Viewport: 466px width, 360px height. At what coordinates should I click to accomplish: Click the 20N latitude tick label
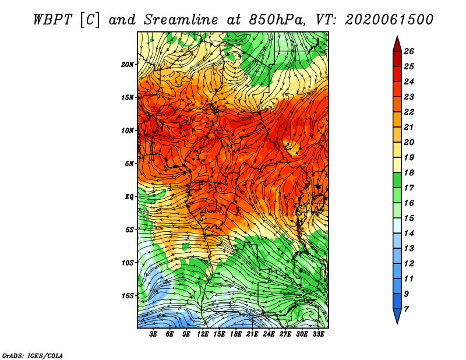(x=128, y=65)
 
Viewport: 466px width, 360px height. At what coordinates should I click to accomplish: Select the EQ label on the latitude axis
(x=129, y=197)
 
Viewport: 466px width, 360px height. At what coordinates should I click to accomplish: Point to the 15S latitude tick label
(x=128, y=296)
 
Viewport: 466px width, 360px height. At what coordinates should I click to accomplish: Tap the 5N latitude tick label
(x=129, y=164)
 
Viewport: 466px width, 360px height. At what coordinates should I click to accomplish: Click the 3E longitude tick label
(x=153, y=334)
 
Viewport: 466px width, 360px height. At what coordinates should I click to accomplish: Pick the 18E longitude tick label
(x=236, y=334)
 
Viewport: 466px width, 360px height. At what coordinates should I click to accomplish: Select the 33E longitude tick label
(x=318, y=334)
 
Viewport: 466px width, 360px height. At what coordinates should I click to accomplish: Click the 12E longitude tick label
(x=203, y=334)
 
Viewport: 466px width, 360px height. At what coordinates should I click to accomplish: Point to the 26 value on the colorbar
(x=409, y=51)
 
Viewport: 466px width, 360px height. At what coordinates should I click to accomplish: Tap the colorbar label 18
(x=409, y=172)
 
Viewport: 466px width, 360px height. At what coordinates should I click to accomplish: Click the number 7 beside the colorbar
(x=406, y=309)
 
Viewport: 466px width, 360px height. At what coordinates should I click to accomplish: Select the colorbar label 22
(x=409, y=112)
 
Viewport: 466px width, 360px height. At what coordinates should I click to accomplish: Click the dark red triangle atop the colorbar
(x=397, y=45)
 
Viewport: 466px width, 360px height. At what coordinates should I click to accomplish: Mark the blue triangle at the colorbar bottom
(x=397, y=315)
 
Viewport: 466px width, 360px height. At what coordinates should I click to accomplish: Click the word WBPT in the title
(x=52, y=20)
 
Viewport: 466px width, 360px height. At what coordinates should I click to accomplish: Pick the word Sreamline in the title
(x=181, y=20)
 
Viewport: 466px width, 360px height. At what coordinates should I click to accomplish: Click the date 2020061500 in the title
(x=389, y=20)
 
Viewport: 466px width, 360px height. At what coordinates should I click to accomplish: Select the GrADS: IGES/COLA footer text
(x=33, y=356)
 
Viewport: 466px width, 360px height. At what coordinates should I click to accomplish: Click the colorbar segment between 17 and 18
(x=397, y=180)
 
